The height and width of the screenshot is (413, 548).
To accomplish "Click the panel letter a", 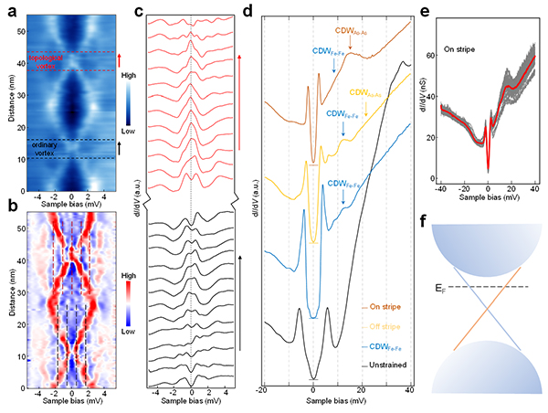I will (x=6, y=8).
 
